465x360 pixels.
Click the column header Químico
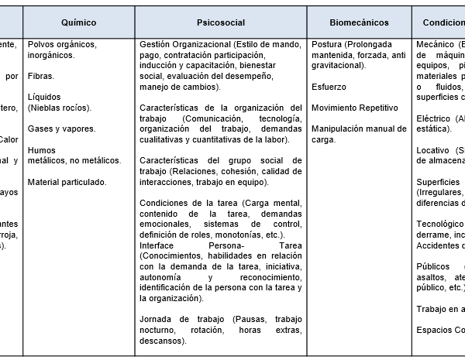pos(78,23)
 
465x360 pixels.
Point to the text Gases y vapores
pos(61,129)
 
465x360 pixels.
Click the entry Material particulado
pos(67,182)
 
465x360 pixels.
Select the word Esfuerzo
pos(329,87)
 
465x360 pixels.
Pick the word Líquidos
pos(43,98)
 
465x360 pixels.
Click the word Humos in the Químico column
pos(41,149)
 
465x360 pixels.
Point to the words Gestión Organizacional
pos(184,45)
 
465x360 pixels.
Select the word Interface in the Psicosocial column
pos(160,245)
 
